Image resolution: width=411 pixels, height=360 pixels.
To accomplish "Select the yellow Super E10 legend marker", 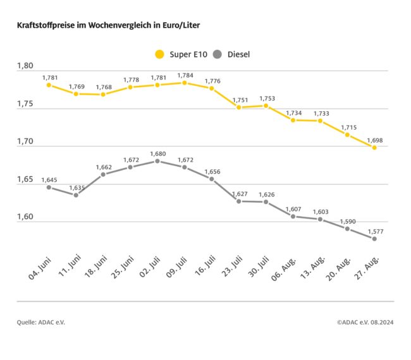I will pos(159,54).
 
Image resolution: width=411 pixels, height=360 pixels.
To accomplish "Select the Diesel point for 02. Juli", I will pos(157,161).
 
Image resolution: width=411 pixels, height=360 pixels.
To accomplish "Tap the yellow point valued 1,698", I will pos(374,147).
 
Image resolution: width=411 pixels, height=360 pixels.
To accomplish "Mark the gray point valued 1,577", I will pos(374,239).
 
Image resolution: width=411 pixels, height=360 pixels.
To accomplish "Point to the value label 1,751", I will pos(239,100).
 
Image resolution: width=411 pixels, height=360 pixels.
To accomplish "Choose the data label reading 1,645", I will pos(49,180).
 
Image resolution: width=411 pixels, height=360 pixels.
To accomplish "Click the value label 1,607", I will pos(293,209).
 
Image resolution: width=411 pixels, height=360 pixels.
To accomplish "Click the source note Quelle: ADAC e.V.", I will pos(41,322).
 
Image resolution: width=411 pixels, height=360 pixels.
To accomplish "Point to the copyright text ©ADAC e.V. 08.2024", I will pos(365,322).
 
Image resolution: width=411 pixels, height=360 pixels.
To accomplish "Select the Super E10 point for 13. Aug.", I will pos(320,121).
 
